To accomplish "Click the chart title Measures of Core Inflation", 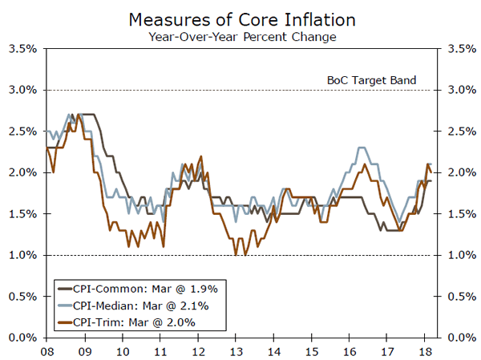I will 240,18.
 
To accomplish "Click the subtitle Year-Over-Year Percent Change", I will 240,36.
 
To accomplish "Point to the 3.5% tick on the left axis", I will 22,48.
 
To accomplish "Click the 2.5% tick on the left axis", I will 22,131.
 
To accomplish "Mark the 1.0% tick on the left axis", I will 22,255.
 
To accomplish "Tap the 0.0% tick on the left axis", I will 22,338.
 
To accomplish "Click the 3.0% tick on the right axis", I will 459,90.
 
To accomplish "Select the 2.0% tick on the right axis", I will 459,172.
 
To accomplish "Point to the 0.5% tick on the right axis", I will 459,297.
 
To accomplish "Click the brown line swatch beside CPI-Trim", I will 63,322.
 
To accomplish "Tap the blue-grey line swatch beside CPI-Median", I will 63,305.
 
